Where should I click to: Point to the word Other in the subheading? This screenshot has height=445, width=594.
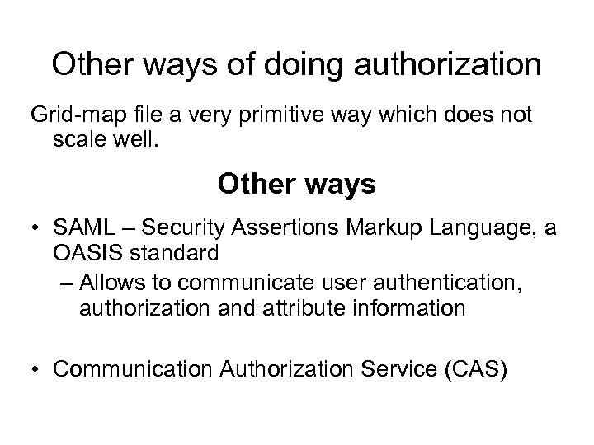tap(252, 183)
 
